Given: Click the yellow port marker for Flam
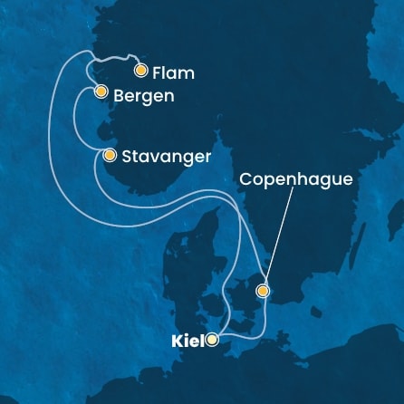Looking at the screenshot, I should (x=140, y=70).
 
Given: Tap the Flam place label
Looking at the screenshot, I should (x=175, y=72).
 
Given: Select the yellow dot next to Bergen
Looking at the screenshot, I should (x=100, y=92).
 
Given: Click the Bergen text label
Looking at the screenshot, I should (x=140, y=93).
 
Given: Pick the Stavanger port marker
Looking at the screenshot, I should (x=110, y=156).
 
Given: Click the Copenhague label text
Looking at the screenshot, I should (x=295, y=180).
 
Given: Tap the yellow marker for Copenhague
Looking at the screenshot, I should (x=262, y=291).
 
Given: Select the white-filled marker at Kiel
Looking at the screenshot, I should (x=211, y=341).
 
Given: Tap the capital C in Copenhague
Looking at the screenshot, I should (x=245, y=180).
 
